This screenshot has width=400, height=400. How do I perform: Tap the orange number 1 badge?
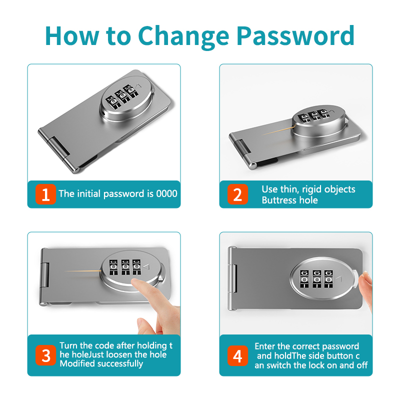click(x=45, y=194)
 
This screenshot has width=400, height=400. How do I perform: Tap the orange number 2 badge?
click(x=237, y=194)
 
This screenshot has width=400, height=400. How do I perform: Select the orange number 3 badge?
click(x=45, y=355)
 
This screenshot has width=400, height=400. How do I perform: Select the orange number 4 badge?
click(x=237, y=355)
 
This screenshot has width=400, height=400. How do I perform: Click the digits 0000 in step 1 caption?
click(x=167, y=193)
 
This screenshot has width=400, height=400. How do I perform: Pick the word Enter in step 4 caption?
click(x=265, y=346)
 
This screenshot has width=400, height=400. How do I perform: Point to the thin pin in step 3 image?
click(x=82, y=271)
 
